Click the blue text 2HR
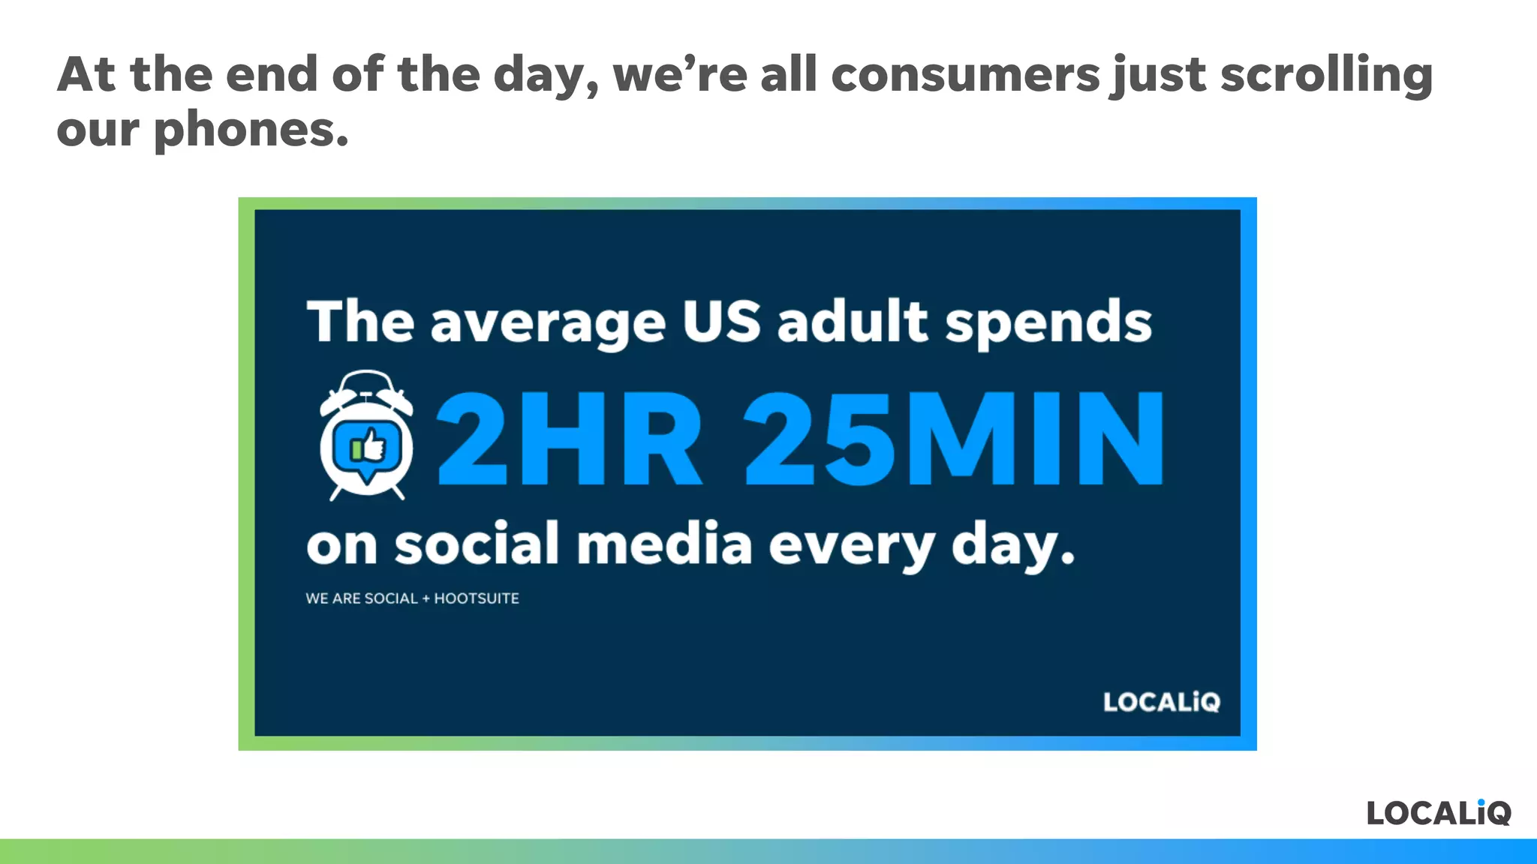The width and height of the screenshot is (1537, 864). tap(569, 440)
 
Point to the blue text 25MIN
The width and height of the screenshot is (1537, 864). tap(954, 440)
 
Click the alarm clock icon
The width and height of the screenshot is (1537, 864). tap(366, 435)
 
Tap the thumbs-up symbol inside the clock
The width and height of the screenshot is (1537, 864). tap(368, 446)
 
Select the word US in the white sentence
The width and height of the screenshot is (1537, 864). tap(721, 321)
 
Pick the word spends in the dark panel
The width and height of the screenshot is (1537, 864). tap(1048, 322)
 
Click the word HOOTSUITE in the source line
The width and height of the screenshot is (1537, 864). tap(477, 598)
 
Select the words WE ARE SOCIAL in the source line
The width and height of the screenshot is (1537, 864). tap(361, 598)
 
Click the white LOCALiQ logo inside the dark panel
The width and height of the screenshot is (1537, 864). tap(1161, 702)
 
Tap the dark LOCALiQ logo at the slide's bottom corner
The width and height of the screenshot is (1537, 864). tap(1438, 812)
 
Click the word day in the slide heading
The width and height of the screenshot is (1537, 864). tap(545, 76)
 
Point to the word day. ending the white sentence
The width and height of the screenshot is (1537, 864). tap(1012, 546)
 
